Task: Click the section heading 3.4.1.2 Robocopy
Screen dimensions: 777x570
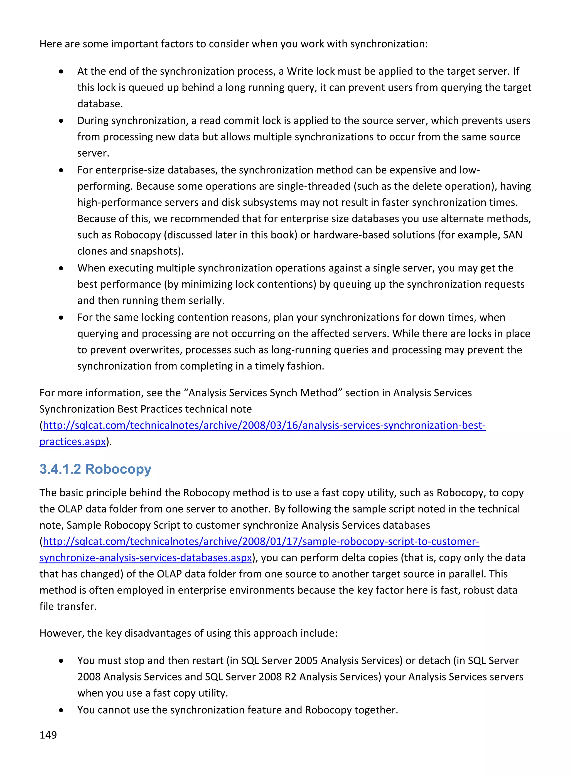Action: [95, 469]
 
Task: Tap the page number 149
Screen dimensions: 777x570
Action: [48, 735]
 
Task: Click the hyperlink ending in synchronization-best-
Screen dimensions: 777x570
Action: [264, 425]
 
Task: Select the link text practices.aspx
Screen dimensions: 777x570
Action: [72, 442]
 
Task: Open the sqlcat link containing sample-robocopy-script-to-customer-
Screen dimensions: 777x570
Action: [261, 541]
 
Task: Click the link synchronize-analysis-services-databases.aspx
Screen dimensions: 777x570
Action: [146, 558]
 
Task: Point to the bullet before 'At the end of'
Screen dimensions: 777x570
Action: [61, 72]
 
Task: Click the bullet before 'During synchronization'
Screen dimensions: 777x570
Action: [61, 121]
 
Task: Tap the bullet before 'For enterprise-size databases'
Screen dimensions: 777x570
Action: [61, 170]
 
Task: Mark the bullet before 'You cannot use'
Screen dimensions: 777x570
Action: [61, 710]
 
